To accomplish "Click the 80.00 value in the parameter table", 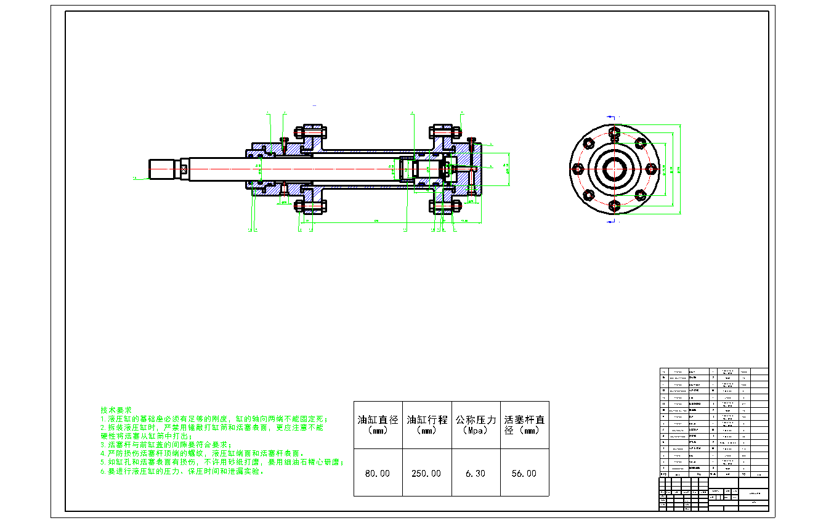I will click(378, 473).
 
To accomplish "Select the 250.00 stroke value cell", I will click(426, 473).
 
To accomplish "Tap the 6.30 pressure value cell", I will click(475, 473).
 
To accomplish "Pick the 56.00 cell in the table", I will click(524, 473).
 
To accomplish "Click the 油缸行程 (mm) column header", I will click(426, 425).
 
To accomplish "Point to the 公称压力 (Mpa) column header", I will click(475, 425).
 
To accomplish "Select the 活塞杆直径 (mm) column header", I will click(524, 425).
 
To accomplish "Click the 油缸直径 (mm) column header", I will click(378, 425).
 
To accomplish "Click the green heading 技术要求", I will click(116, 410).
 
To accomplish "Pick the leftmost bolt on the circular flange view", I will click(578, 168).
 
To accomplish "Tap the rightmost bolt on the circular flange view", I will click(651, 168).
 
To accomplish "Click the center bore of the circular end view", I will click(614, 168).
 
